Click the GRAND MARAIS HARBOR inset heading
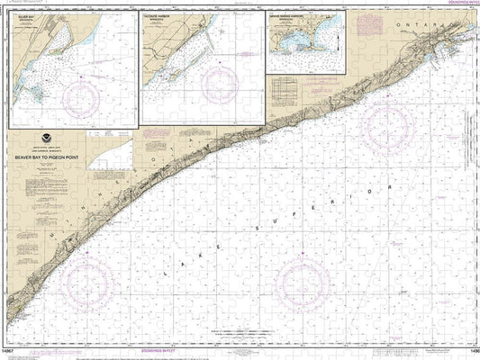tap(296, 16)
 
